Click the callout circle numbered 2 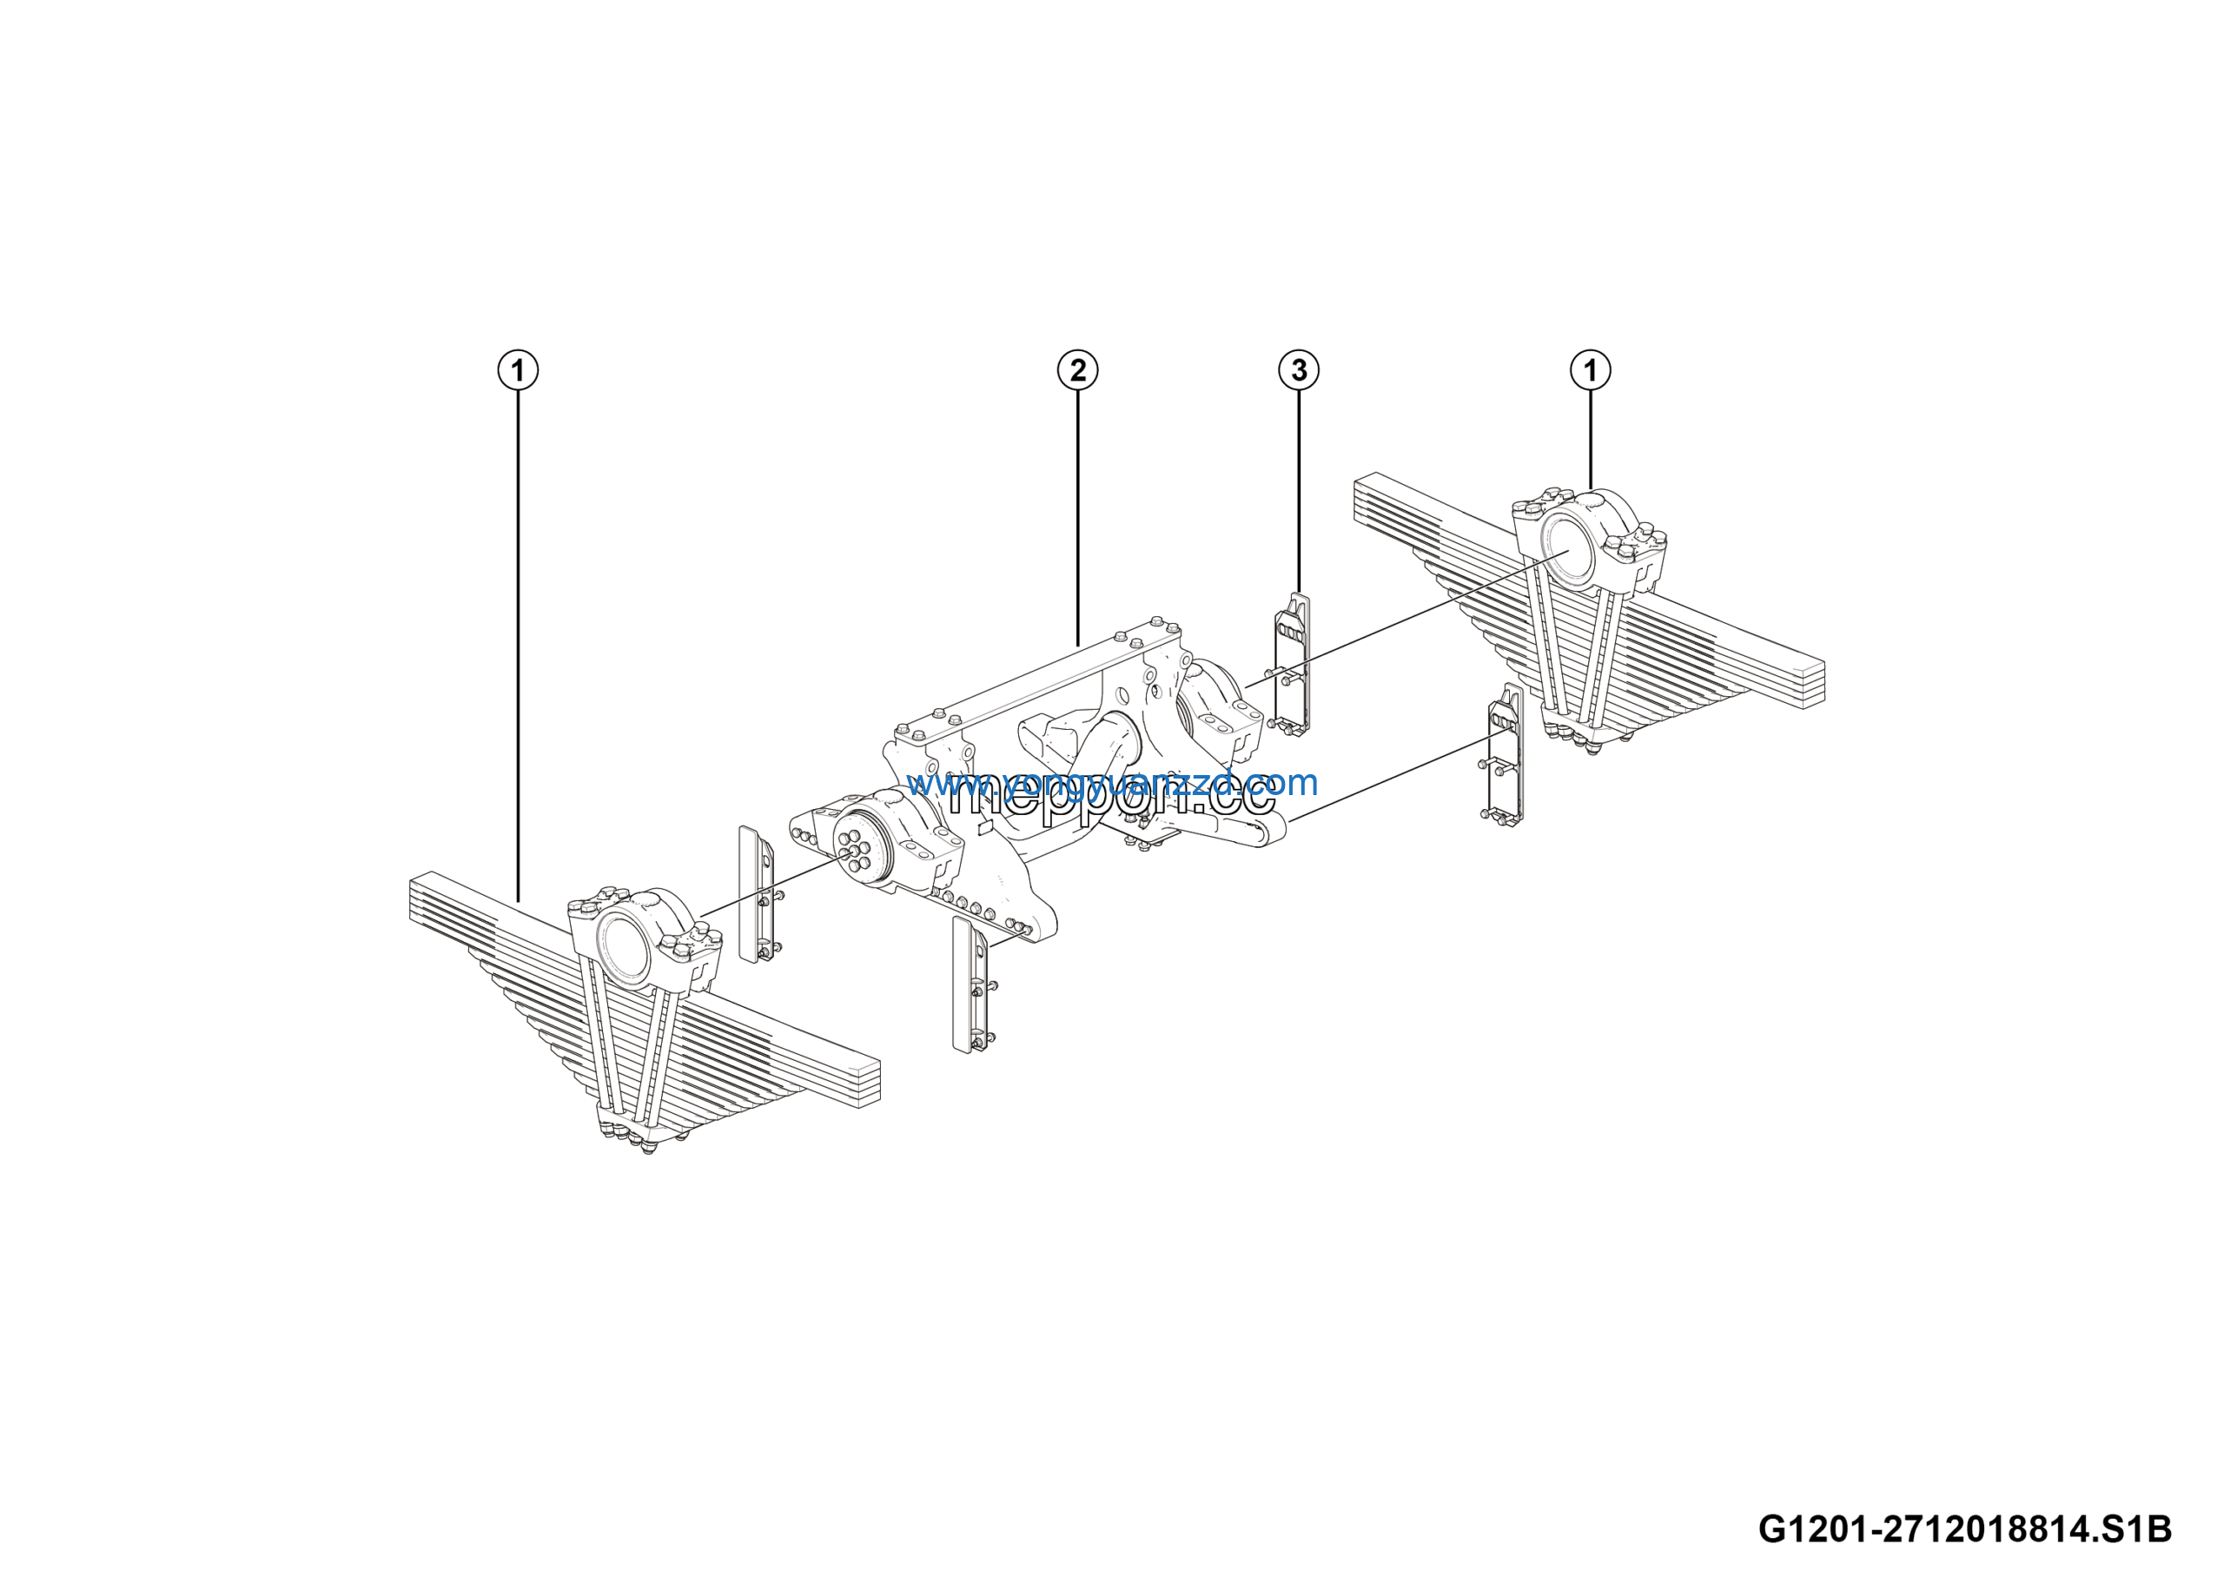(1077, 370)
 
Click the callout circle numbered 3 (1299, 370)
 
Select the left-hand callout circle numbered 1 (519, 370)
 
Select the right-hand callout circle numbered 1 (1590, 370)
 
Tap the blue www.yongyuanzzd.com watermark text (1112, 782)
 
